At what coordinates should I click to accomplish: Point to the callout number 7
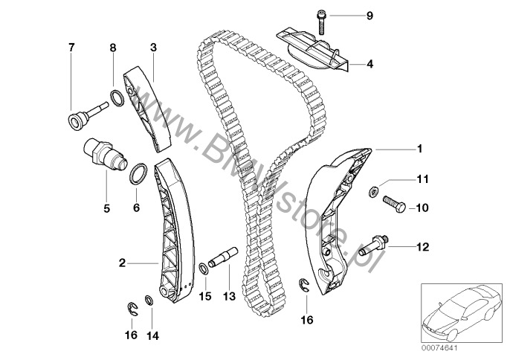click(x=71, y=48)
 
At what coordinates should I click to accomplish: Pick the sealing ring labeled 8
click(x=117, y=96)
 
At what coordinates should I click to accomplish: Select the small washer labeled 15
click(x=204, y=267)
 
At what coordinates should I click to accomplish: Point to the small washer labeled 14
click(x=148, y=300)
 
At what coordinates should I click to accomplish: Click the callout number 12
click(x=422, y=246)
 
